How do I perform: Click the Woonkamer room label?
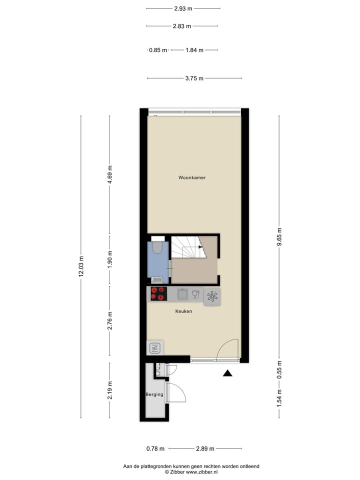[192, 177]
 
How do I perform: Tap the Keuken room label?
[183, 311]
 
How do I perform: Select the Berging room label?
[154, 394]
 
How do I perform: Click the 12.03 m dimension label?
[81, 266]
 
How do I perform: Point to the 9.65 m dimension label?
[279, 238]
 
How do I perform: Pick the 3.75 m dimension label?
[194, 78]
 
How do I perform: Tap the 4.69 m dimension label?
[110, 175]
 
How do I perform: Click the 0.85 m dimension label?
[158, 50]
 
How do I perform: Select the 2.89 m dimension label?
[205, 448]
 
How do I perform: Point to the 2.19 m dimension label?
[110, 390]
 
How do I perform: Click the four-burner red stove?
[158, 294]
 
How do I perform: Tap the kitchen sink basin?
[182, 294]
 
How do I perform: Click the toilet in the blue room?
[157, 247]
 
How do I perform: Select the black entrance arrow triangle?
[227, 373]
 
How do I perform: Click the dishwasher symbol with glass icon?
[196, 294]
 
